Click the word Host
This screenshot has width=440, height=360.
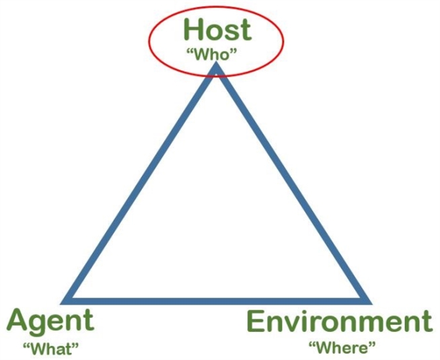tap(217, 29)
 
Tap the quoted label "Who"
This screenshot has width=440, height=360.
tap(212, 54)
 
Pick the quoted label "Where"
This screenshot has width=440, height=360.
tap(342, 348)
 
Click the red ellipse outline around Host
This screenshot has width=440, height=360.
tap(149, 41)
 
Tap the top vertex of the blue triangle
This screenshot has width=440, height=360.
tap(216, 63)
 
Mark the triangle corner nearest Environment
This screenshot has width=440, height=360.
tap(371, 303)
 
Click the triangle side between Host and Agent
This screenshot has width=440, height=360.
tap(139, 182)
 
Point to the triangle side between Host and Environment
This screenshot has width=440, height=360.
tap(293, 182)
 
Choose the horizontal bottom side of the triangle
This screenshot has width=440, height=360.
tap(216, 301)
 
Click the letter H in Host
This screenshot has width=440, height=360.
tap(194, 29)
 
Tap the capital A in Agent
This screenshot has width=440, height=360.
tap(18, 320)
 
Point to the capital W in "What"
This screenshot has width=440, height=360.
tap(39, 349)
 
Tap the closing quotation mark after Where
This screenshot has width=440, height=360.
tap(371, 344)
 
